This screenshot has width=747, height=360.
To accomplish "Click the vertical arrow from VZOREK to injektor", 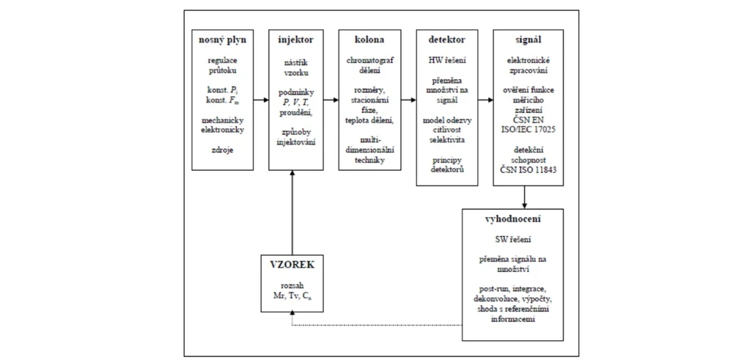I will [x=292, y=213].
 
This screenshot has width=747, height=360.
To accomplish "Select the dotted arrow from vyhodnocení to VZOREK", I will [x=374, y=323].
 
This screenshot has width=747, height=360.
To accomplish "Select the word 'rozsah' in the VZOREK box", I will [x=292, y=286].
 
